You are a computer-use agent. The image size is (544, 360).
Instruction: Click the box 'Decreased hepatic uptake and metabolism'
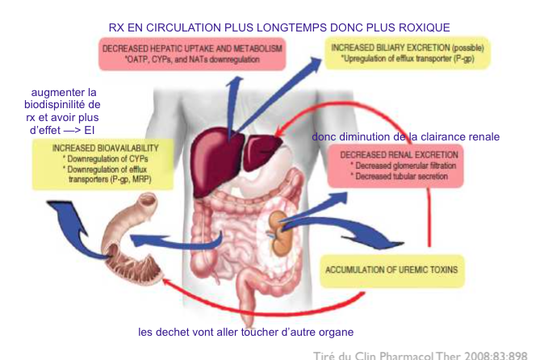pos(193,54)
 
